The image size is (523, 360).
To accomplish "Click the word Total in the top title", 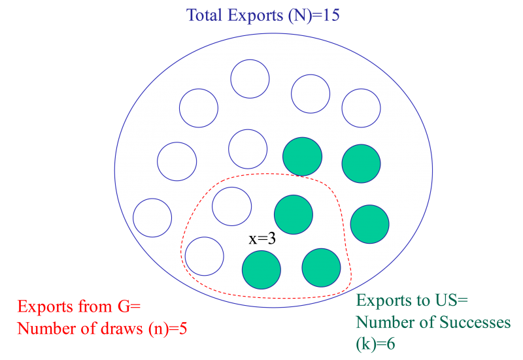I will (x=205, y=15).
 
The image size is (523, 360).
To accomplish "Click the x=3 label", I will (x=262, y=238).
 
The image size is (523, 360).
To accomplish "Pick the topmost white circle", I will (x=250, y=78).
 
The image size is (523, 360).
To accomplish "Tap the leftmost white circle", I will (x=152, y=218).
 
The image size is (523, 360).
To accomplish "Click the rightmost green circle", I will (x=370, y=223).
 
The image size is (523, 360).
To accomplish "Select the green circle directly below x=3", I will (x=261, y=269).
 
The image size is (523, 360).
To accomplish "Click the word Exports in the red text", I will (x=41, y=307).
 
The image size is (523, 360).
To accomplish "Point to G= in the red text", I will (x=127, y=307).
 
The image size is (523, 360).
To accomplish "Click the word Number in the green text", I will (x=382, y=322).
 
